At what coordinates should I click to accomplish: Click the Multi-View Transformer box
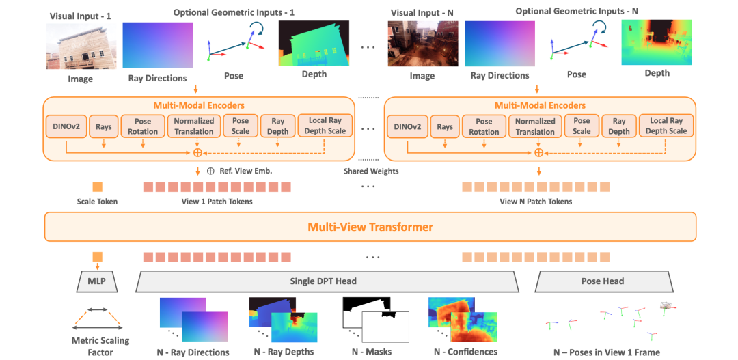tap(370, 227)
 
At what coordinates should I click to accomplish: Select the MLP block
tap(97, 281)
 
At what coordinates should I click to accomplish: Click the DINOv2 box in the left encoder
tap(66, 126)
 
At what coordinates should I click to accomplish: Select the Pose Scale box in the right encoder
tap(582, 126)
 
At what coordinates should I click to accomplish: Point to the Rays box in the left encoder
tap(102, 126)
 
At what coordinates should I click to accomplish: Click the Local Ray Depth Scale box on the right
tap(666, 126)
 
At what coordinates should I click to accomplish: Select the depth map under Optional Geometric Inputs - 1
tap(314, 43)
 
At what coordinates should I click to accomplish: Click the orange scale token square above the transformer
tap(98, 186)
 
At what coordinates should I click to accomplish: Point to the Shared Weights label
tap(371, 171)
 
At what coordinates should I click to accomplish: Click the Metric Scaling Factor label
tap(100, 346)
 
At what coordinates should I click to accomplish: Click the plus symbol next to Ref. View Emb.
tap(210, 170)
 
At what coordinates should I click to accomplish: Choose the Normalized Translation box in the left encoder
tap(194, 126)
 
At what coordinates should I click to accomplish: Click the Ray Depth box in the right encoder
tap(619, 126)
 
